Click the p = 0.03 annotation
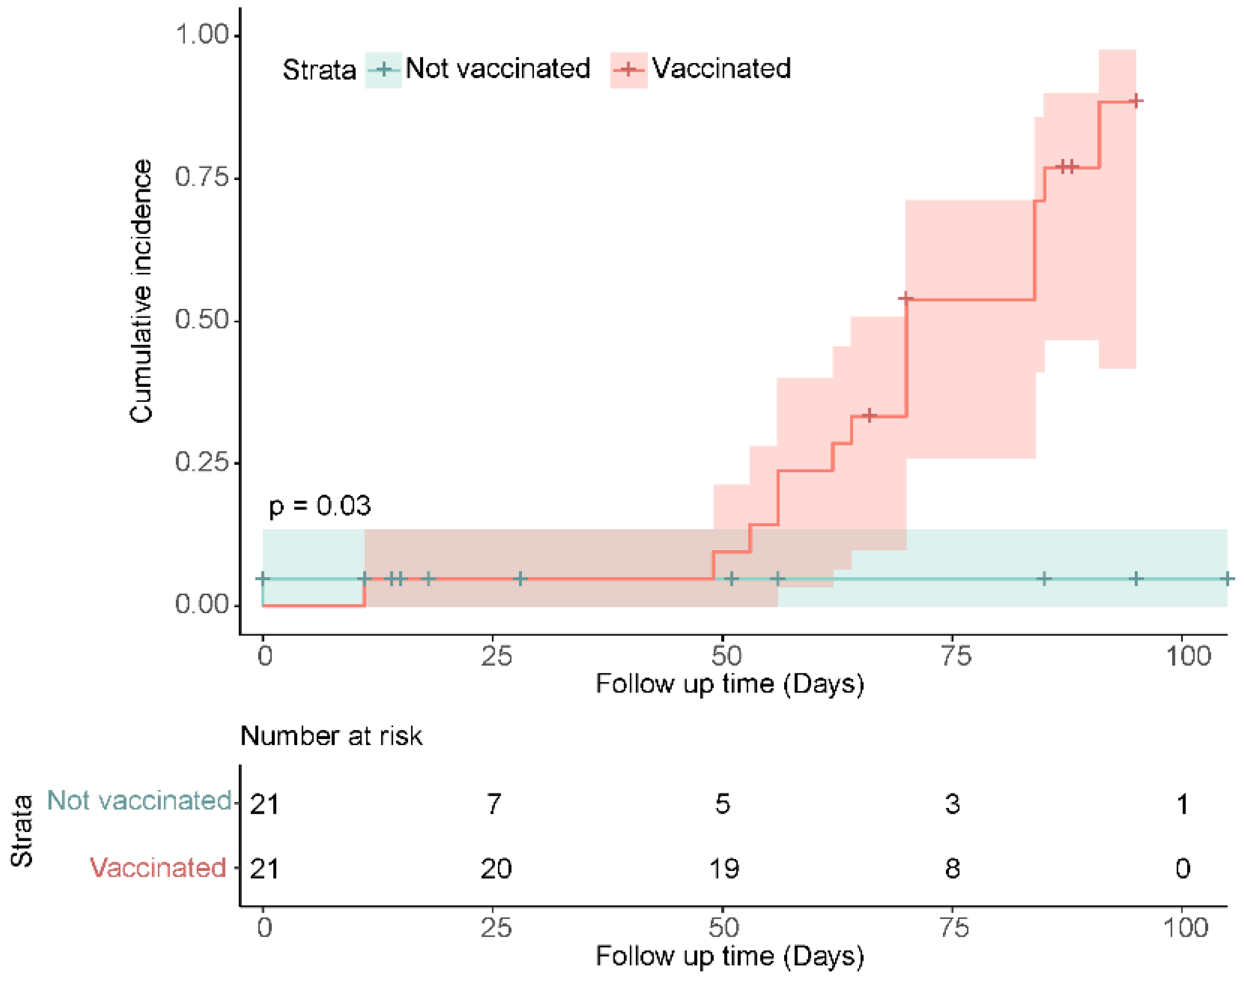coord(320,506)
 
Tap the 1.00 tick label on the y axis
coord(202,34)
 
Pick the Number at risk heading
coord(331,736)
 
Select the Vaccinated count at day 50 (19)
coord(724,868)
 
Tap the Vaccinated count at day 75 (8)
coord(952,868)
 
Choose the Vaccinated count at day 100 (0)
coord(1182,868)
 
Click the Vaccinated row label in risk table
coord(158,867)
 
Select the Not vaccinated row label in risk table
coord(139,800)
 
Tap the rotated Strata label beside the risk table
coord(22,830)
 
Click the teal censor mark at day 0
coord(263,578)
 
